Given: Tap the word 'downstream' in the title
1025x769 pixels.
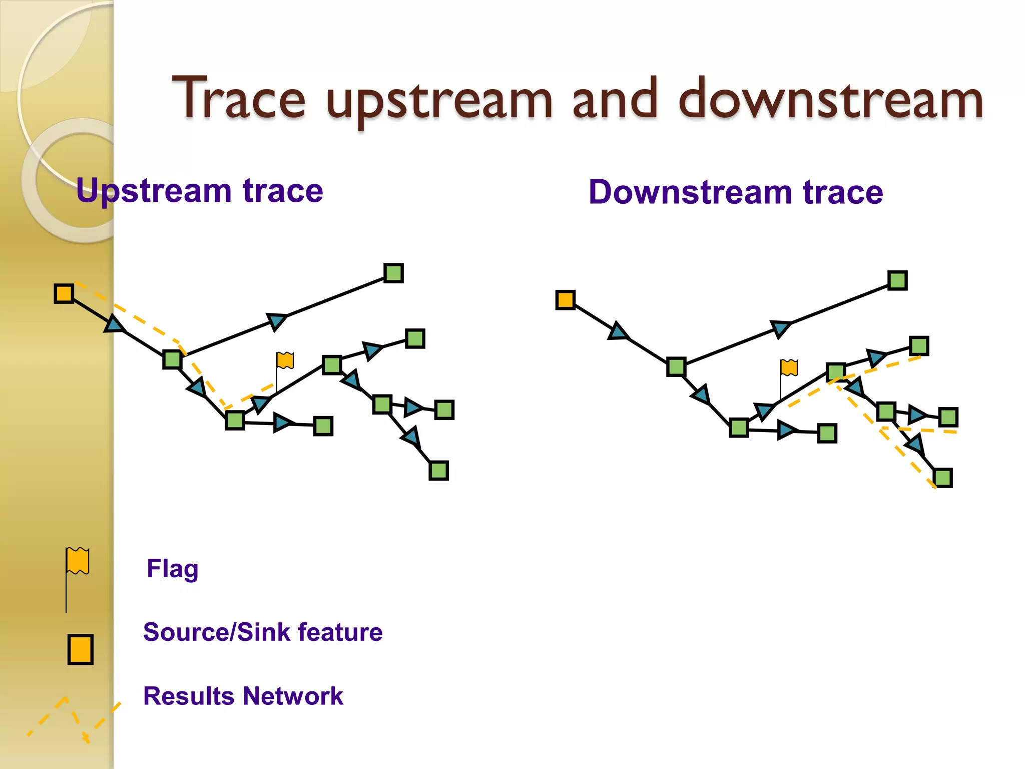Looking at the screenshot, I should tap(830, 99).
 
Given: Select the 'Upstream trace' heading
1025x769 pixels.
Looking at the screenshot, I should tap(199, 191).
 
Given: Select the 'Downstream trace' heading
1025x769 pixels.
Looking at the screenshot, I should tap(735, 192).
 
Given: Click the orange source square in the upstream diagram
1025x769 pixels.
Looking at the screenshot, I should tap(64, 293).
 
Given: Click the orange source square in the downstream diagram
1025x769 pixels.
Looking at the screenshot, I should tap(566, 300).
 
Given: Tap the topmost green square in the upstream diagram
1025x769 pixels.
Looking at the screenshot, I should tap(393, 273).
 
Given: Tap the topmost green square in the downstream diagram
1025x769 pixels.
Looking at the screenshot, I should tap(897, 280).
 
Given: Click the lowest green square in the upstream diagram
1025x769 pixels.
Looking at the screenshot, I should tap(438, 471).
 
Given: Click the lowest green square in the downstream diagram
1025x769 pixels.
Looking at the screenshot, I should tap(943, 478).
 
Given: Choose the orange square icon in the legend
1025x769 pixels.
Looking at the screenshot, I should tap(81, 649).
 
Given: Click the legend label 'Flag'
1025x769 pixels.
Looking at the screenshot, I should tap(172, 569).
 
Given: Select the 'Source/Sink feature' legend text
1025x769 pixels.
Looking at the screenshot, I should tap(263, 632).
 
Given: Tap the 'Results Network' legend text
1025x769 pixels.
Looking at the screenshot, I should tap(243, 696).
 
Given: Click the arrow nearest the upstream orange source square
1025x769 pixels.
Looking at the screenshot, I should tap(115, 325).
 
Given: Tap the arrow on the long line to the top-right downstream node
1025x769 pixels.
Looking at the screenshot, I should tap(780, 328).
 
